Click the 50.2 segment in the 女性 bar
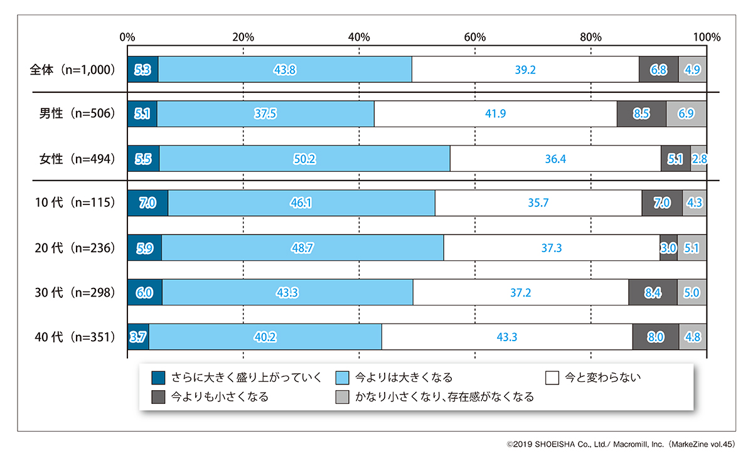(304, 159)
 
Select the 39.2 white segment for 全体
(525, 69)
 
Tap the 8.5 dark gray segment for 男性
(641, 114)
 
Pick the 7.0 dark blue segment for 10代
(147, 203)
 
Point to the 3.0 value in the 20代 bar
(668, 248)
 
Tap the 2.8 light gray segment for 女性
(698, 159)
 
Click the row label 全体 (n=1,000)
(73, 69)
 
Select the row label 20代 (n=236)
(75, 248)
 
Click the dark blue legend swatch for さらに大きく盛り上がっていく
(158, 378)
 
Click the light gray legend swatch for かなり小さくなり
(342, 397)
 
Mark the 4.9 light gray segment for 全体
(692, 69)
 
